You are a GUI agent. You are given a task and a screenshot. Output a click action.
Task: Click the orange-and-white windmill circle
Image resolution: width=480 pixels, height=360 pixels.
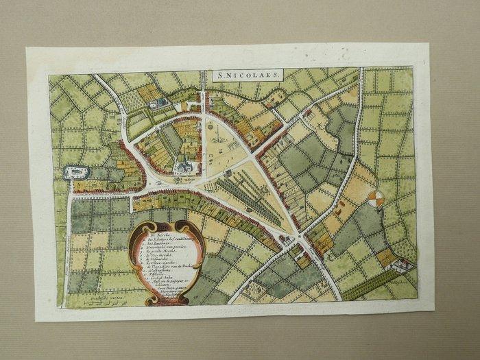click(x=374, y=199)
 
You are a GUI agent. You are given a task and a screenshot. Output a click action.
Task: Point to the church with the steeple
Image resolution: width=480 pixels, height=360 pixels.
click(x=183, y=165)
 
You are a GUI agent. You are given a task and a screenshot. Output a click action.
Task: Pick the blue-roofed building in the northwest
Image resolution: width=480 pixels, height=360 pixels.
click(x=160, y=104)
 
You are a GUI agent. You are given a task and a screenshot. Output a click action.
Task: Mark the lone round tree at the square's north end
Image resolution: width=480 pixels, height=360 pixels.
click(x=210, y=127)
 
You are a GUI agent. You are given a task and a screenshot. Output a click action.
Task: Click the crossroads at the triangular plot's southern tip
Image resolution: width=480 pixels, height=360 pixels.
click(x=300, y=240)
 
